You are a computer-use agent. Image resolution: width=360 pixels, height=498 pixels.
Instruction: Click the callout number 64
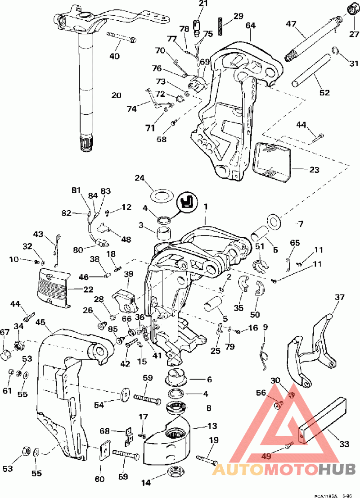pos(251,26)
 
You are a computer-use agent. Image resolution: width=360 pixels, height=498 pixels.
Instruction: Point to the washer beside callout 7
pos(273,221)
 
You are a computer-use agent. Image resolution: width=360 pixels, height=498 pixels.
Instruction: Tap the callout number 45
pos(40,322)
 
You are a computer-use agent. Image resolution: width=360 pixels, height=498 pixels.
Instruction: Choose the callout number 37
pos(339,297)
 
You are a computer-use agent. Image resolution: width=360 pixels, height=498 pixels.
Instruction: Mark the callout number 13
pos(212,426)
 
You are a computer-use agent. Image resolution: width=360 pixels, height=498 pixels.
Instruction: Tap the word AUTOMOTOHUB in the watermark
pos(283,469)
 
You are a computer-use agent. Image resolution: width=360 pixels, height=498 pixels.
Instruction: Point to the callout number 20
pos(117,95)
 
